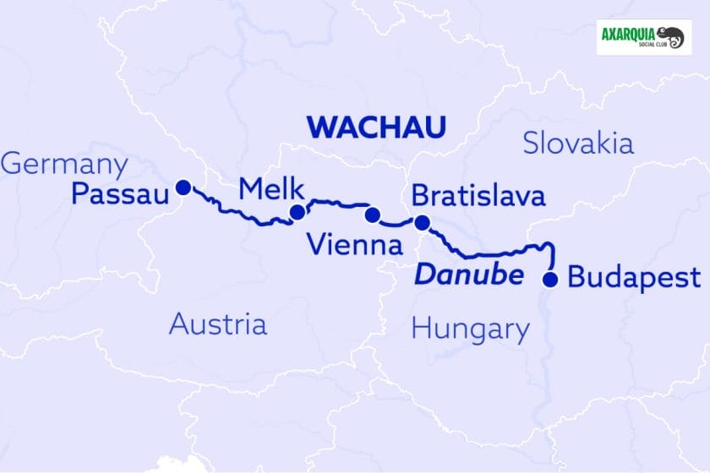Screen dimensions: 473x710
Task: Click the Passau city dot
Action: (182, 187)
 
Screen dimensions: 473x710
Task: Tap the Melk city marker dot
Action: (298, 212)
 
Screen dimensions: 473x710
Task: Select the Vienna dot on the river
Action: (371, 215)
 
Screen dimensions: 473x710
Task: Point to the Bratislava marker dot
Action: (422, 223)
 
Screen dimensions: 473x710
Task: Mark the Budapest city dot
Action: (550, 280)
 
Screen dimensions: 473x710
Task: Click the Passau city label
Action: (120, 195)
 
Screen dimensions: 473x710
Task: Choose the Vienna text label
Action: (355, 246)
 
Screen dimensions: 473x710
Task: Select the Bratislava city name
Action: (478, 197)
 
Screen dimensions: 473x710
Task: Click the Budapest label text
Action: (634, 278)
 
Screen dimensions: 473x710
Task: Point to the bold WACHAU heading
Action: (376, 128)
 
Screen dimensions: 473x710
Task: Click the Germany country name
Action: (64, 164)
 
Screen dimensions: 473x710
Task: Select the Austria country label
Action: (218, 323)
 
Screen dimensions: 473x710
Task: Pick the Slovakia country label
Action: (578, 143)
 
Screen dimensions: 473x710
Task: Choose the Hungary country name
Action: (471, 328)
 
